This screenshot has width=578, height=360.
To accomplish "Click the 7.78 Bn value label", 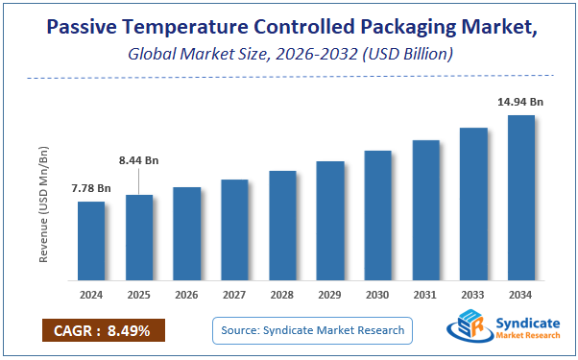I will (91, 189).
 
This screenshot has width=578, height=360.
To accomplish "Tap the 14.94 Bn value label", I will (521, 102).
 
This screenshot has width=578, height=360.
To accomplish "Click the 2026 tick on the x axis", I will (187, 296).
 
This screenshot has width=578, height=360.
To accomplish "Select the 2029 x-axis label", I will (330, 296).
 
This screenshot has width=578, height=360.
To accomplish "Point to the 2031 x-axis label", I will (425, 296).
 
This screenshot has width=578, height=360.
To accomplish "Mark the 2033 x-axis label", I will (473, 296).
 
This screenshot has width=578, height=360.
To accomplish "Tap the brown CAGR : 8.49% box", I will (103, 331).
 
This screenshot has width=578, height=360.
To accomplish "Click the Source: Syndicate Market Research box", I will (313, 331).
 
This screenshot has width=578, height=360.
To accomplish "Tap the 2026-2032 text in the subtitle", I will (303, 55).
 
